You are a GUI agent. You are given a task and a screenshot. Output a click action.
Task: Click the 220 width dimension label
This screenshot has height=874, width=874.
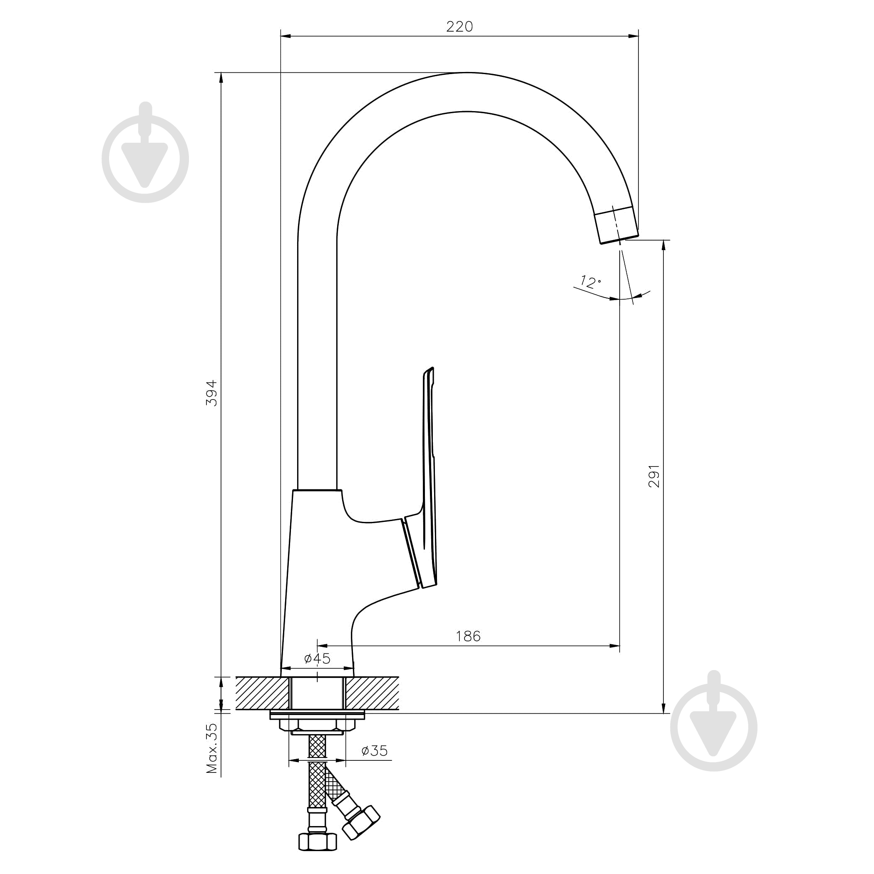click(x=459, y=27)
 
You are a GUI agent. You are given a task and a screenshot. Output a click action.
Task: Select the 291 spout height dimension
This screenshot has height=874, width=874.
click(x=654, y=476)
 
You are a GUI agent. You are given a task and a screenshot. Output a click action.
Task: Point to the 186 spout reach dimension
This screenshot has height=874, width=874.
click(x=468, y=636)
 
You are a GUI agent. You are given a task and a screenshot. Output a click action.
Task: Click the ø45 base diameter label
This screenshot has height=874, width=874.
click(x=317, y=659)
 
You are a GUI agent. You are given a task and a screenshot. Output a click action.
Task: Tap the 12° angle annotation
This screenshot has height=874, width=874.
click(x=590, y=282)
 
